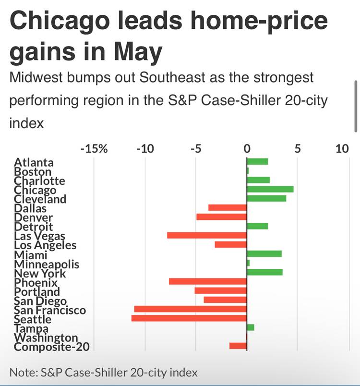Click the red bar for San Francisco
coord(190,309)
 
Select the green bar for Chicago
coord(270,189)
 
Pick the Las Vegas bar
coord(206,235)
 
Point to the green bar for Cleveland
coord(266,198)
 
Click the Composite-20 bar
coord(238,346)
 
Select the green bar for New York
coord(264,272)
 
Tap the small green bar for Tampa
coord(250,327)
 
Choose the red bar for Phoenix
coord(207,281)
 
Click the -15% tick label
coord(93,148)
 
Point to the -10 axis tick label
coord(144,148)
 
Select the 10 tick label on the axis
coord(342,148)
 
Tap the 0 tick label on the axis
coord(247,148)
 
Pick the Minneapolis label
coord(47,264)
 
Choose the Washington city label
coord(46,338)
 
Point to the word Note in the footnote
coord(22,372)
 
